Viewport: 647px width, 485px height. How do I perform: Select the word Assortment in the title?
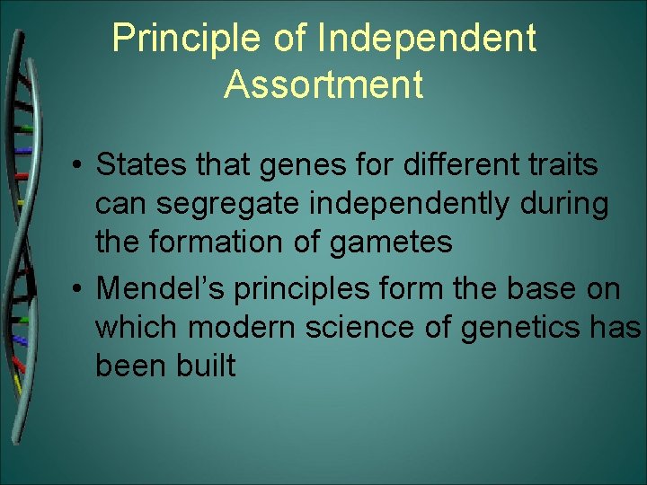click(x=323, y=84)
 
